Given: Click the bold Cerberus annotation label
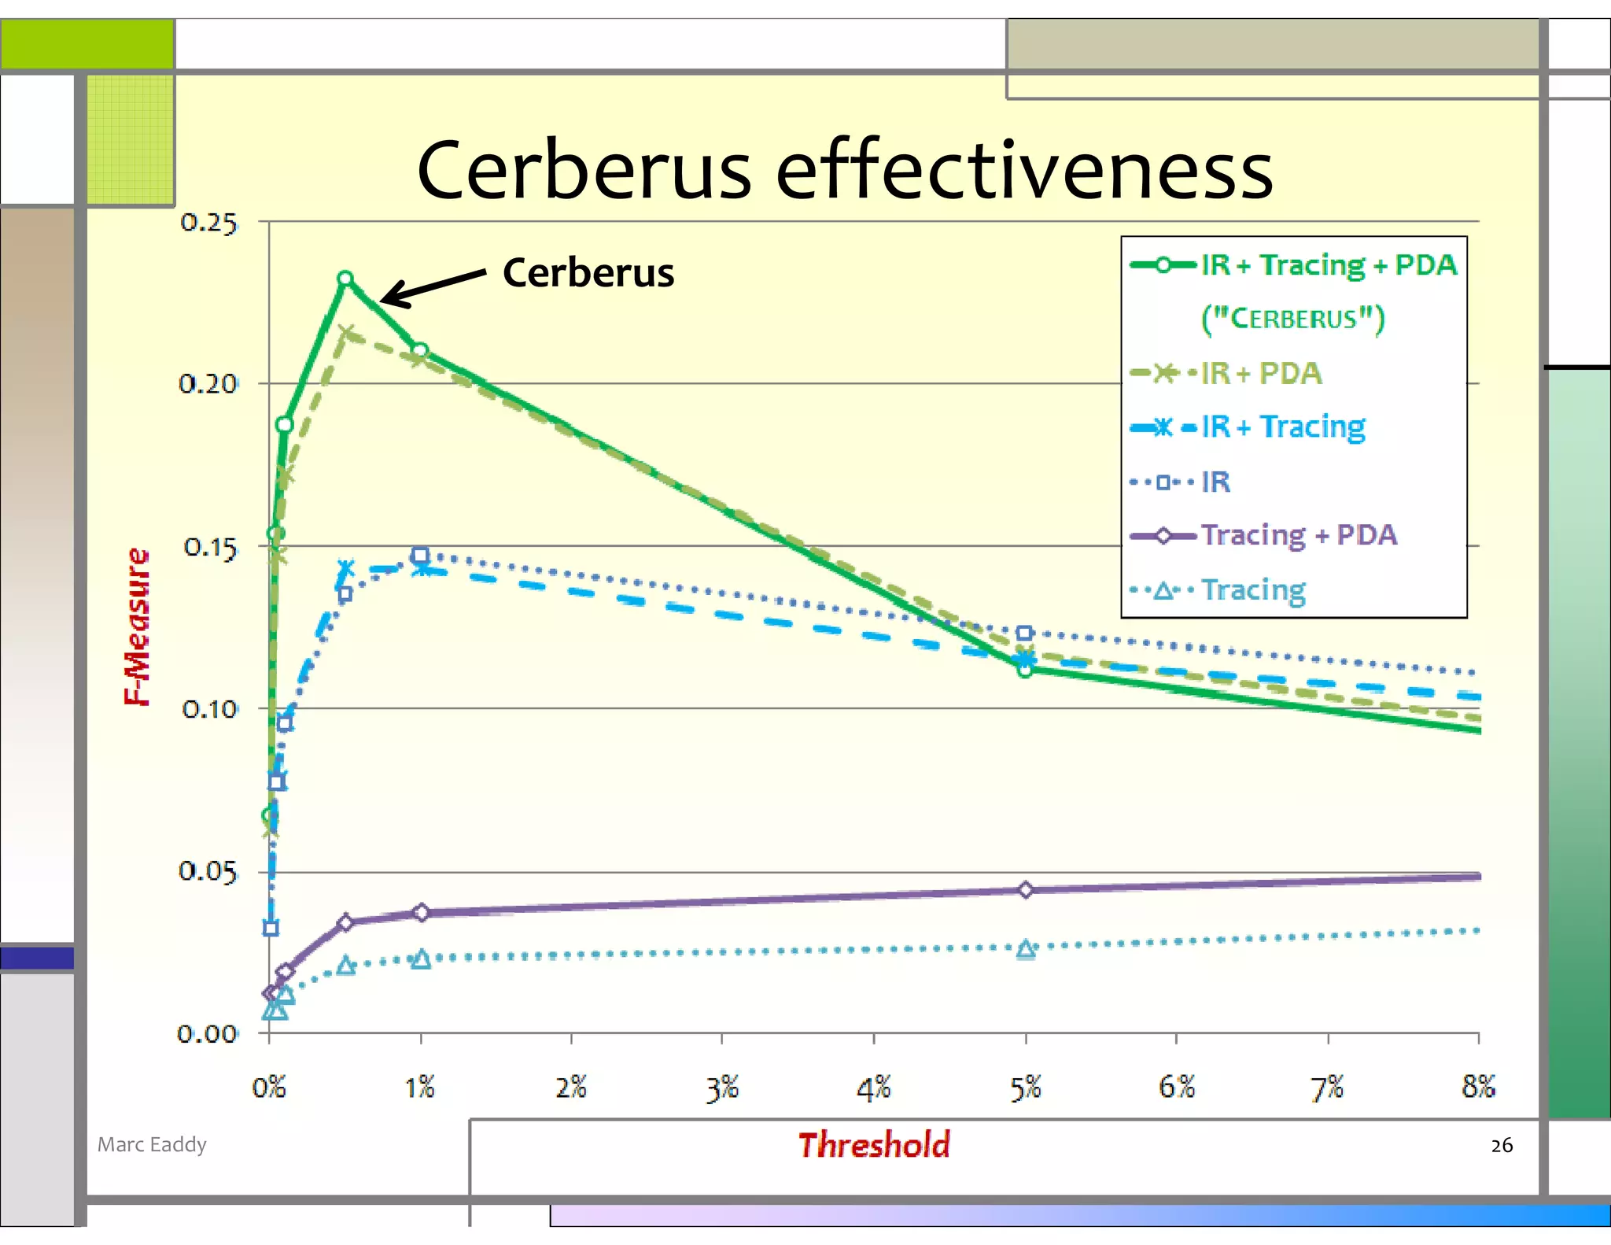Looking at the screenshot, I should tap(588, 273).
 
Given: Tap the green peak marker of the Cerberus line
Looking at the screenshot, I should tap(345, 279).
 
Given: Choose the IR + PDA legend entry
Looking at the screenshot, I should tap(1260, 373).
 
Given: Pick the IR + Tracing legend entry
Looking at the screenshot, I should tap(1282, 427).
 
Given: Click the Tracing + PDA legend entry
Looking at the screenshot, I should tap(1298, 536).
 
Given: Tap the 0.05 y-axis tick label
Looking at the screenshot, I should tap(208, 872).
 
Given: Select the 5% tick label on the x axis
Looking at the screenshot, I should tap(1026, 1088).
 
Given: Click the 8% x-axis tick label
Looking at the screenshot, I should tap(1478, 1088).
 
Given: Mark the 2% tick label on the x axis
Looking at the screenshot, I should tap(571, 1088).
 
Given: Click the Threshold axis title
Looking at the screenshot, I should tap(874, 1145).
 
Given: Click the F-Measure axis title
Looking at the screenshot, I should tap(138, 626).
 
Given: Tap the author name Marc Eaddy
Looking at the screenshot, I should tap(152, 1144).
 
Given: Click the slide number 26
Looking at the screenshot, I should tap(1501, 1146).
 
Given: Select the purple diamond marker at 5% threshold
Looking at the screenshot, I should tap(1026, 890).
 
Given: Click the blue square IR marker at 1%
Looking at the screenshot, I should tap(421, 556).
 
